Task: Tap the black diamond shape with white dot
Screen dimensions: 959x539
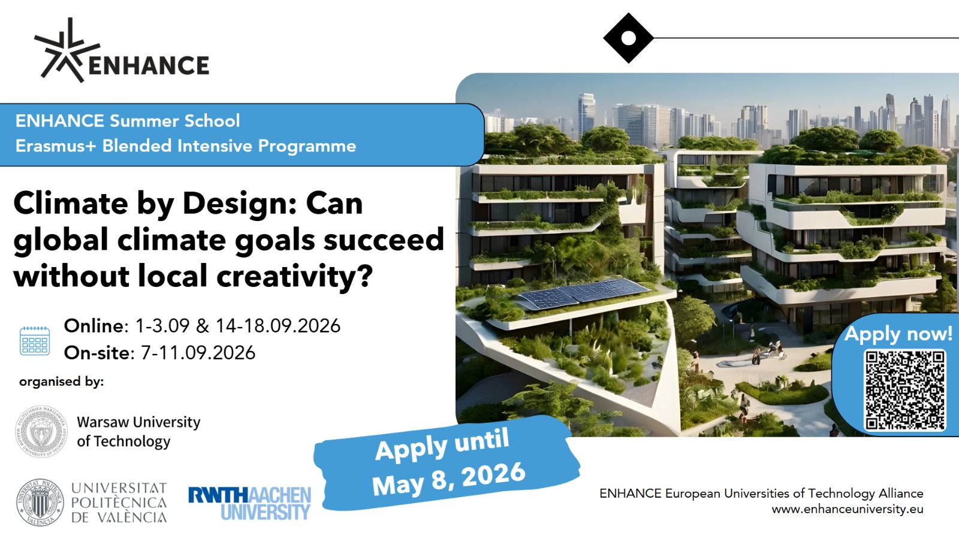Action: point(628,38)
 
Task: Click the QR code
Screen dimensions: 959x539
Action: point(904,390)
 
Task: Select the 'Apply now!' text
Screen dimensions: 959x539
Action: point(898,334)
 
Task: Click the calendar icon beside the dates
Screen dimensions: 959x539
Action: point(35,341)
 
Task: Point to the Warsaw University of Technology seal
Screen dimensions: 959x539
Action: point(41,431)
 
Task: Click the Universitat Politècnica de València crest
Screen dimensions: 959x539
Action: point(40,502)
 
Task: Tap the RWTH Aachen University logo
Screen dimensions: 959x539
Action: point(249,503)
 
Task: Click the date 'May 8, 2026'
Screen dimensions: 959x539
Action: point(449,479)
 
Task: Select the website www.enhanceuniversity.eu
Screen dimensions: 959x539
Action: point(848,509)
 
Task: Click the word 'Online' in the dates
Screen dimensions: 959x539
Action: point(94,326)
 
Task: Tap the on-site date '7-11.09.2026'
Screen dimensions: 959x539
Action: point(198,353)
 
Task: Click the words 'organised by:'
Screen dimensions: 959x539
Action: point(62,381)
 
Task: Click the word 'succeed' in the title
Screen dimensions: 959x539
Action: point(384,240)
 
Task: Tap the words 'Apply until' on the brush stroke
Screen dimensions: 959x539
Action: point(442,445)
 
